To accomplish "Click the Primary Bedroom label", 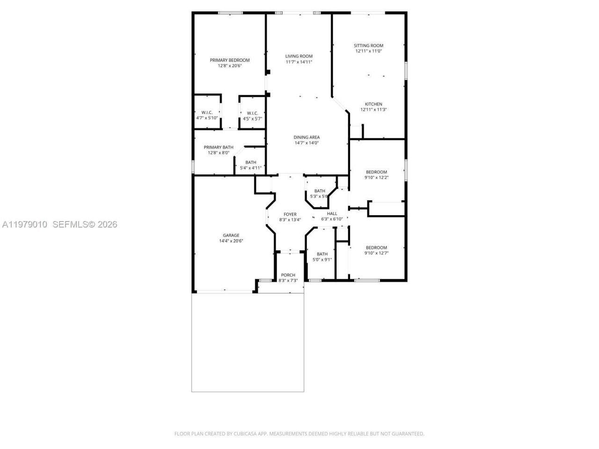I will click(x=229, y=60).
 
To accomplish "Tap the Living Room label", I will click(x=299, y=56).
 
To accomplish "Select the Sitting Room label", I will click(x=368, y=46).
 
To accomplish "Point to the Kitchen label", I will click(x=373, y=104).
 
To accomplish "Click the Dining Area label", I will click(x=307, y=137).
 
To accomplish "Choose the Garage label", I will click(x=231, y=235).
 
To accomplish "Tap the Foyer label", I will click(x=290, y=214).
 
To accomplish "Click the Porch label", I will click(x=288, y=275).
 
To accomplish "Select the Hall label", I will click(x=332, y=214).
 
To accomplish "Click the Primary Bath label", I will click(x=218, y=147).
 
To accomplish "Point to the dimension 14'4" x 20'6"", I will click(x=231, y=241).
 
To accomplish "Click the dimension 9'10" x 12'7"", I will click(x=376, y=253).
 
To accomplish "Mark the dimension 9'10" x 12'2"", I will click(x=376, y=178).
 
